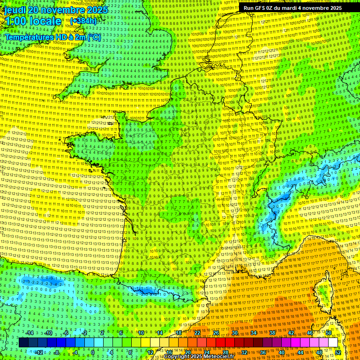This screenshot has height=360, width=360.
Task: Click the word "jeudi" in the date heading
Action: point(16,10)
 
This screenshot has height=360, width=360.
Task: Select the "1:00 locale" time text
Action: point(33,22)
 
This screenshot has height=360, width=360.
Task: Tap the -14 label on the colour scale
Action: point(29,333)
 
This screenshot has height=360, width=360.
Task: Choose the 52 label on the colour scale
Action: point(338,352)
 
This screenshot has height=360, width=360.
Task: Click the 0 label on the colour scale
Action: point(93,352)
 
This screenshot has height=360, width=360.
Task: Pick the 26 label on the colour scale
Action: point(216,333)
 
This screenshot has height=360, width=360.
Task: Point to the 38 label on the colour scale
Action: point(272,333)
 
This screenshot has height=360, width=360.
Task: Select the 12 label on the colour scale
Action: point(150,352)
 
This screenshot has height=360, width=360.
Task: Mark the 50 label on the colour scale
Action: point(329,333)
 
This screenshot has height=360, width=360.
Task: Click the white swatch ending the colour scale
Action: point(333,343)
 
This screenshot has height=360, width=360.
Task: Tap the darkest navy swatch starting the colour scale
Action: point(23,343)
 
